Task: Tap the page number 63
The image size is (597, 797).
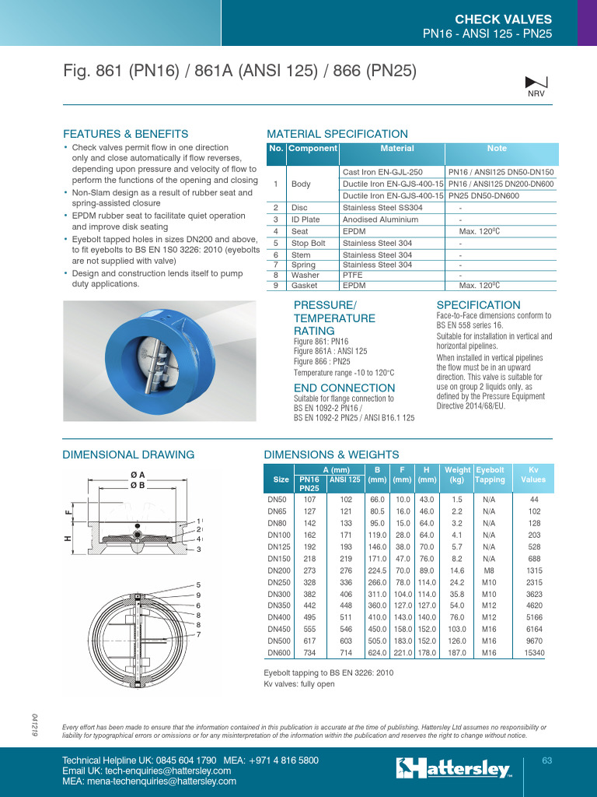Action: tap(546, 760)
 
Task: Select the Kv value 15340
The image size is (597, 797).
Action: tap(534, 653)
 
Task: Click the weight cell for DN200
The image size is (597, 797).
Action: tap(457, 571)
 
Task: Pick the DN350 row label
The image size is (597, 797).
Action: tap(278, 604)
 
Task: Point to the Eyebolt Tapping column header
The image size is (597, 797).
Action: tap(490, 475)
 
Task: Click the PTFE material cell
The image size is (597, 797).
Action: tap(353, 275)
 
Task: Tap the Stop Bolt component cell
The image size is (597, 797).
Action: tap(308, 243)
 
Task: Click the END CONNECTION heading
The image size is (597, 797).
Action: tap(344, 388)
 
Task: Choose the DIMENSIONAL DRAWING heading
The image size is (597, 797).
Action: tap(128, 455)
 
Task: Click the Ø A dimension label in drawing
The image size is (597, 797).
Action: tap(138, 474)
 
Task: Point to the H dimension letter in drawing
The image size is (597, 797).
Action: tap(68, 539)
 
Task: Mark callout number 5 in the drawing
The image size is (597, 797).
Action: tap(199, 585)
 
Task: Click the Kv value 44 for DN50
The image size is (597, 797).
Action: tap(534, 499)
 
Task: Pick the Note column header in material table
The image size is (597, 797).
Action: tap(497, 148)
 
